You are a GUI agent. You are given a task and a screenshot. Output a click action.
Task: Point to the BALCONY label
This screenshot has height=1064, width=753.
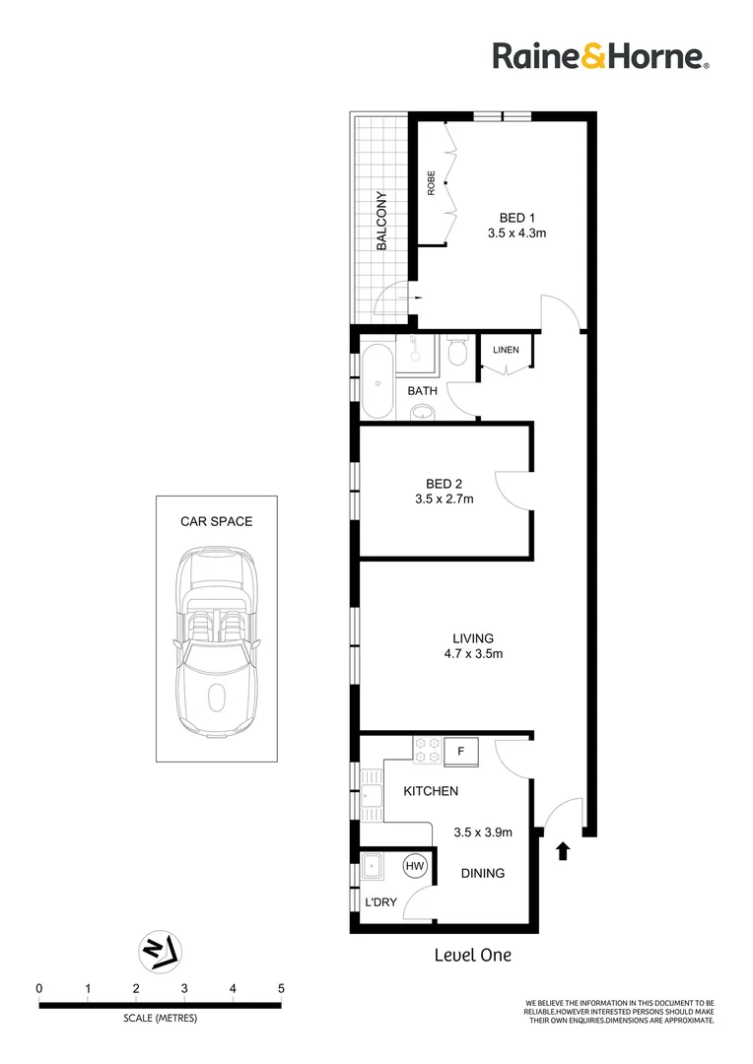[x=381, y=222]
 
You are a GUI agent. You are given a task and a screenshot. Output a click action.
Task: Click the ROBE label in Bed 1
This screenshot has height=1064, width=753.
[x=431, y=184]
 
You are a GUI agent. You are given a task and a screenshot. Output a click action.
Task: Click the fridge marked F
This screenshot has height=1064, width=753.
[x=460, y=752]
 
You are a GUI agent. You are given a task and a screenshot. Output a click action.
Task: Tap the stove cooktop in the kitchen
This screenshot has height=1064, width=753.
[x=427, y=751]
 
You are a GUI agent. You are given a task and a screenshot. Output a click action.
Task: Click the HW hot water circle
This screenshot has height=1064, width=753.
[x=416, y=866]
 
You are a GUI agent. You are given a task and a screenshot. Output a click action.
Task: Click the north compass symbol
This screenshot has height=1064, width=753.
[x=159, y=949]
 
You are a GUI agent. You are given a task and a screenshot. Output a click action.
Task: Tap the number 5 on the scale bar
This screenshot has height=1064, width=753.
[x=281, y=988]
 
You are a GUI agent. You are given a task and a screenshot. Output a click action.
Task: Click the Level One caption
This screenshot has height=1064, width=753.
[x=473, y=955]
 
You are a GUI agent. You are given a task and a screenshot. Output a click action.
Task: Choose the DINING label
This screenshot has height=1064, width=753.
[x=483, y=873]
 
